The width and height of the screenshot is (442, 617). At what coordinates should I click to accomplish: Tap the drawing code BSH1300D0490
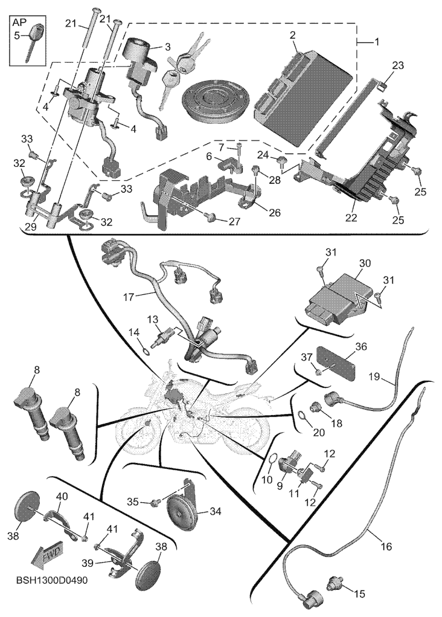[x=52, y=581]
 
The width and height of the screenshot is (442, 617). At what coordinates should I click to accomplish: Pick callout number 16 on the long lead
[x=386, y=546]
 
